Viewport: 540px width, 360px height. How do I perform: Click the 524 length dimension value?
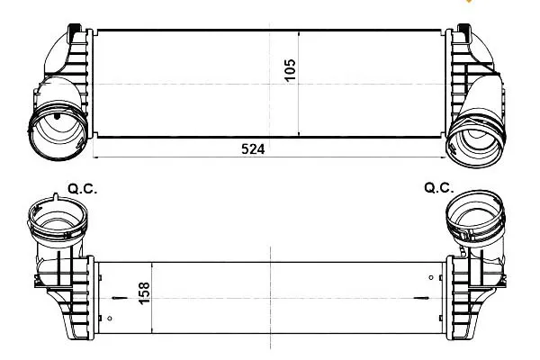pyautogui.click(x=253, y=149)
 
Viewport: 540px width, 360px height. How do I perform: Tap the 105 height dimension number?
pyautogui.click(x=290, y=69)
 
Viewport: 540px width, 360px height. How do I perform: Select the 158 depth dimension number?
pyautogui.click(x=144, y=292)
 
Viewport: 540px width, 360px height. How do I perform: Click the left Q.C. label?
pyautogui.click(x=83, y=189)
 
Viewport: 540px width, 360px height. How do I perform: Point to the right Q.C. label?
pyautogui.click(x=439, y=188)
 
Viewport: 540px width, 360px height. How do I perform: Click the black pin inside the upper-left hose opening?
pyautogui.click(x=57, y=116)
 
